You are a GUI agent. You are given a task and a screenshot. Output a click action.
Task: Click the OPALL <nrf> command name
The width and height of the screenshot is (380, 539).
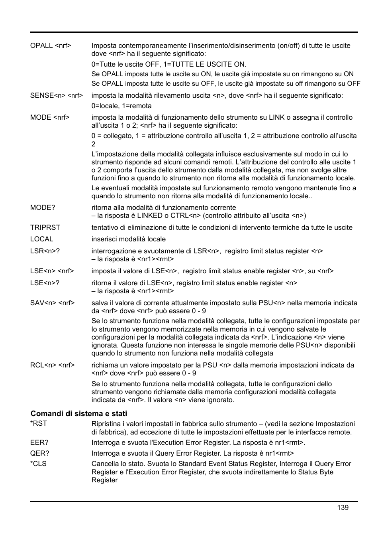coord(51,45)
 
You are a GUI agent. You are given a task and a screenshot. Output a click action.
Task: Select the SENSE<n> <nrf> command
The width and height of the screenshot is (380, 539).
coord(56,95)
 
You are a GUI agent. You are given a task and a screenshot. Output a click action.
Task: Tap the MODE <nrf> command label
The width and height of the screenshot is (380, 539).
coord(50,117)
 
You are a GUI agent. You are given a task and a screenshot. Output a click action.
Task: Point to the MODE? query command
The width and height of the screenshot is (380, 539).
coord(43,207)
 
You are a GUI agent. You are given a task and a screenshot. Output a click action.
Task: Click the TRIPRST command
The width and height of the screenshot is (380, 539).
coord(45,227)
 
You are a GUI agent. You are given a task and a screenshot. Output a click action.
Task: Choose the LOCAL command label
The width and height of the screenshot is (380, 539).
coord(41,239)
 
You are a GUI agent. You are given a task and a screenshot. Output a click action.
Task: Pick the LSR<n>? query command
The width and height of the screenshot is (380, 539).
coord(45,251)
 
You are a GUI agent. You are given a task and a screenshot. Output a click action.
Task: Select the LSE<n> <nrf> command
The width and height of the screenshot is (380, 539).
coord(52,271)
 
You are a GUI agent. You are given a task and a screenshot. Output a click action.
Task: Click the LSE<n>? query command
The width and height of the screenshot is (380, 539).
coord(45,283)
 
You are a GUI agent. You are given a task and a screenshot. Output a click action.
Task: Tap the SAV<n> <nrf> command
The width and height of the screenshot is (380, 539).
coord(52,303)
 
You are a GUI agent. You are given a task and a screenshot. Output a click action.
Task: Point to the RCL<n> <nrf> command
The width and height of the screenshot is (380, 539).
coord(52,365)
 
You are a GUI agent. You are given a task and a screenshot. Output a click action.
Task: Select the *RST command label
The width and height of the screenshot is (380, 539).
coord(39,423)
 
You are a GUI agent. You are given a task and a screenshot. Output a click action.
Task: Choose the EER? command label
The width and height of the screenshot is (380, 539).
coord(39,442)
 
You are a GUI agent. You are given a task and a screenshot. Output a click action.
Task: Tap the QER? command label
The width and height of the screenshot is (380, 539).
coord(39,453)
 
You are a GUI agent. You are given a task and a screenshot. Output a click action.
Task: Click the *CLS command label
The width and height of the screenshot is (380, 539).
coord(38,464)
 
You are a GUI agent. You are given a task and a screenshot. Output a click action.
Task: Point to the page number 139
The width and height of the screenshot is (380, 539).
coord(342,507)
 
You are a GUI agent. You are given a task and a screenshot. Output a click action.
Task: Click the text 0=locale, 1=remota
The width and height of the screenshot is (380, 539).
coord(121,106)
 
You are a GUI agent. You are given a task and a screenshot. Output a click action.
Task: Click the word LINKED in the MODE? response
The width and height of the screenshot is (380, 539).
coord(150,215)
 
